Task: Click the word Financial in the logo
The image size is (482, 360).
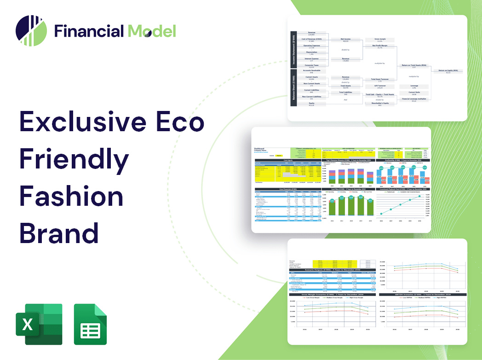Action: [x=89, y=31]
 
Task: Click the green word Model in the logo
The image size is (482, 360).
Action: [x=152, y=31]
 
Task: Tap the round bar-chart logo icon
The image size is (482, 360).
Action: [x=31, y=31]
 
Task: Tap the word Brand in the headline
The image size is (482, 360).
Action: [x=59, y=233]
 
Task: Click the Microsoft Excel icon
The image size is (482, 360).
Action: [x=39, y=324]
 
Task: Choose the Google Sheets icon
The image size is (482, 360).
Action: [x=91, y=324]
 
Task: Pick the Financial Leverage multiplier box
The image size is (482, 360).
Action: [x=413, y=99]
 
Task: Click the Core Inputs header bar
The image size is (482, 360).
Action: [x=288, y=160]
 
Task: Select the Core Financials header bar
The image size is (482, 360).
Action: [x=288, y=189]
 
